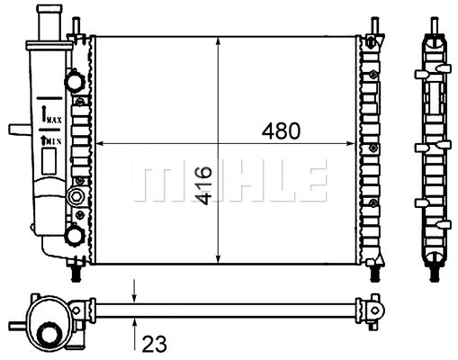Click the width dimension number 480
281,130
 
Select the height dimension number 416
203,184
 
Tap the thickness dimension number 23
155,343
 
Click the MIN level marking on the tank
51,140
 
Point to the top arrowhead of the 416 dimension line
219,43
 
